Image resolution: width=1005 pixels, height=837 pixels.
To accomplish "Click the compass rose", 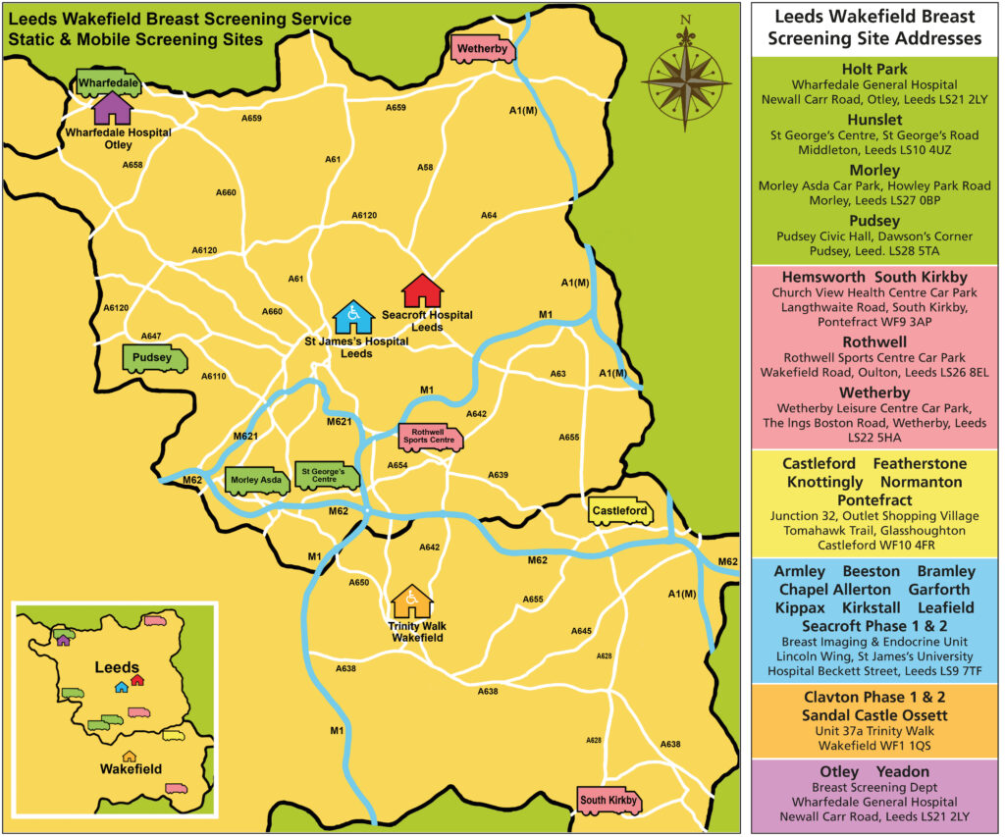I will click(685, 76).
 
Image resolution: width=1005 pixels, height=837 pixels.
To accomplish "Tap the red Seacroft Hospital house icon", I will click(423, 291).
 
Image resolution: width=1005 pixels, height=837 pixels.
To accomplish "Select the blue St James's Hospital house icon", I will click(352, 317).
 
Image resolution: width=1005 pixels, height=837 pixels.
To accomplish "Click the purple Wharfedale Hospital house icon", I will click(111, 108).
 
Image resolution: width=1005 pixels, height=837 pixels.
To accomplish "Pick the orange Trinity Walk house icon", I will click(412, 601).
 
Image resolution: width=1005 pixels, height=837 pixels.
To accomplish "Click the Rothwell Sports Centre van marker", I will click(430, 437).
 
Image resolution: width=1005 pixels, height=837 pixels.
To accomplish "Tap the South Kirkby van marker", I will click(608, 801).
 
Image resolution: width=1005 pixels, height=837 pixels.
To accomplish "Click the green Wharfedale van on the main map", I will click(109, 82).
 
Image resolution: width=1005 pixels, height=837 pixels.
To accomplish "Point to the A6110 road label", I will click(213, 376).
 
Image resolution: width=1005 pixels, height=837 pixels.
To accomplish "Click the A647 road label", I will click(151, 336).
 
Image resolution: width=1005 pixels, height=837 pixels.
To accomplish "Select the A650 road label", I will click(358, 582).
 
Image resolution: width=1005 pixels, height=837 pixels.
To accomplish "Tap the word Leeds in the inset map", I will click(117, 667).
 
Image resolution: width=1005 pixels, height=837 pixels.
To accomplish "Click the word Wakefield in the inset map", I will click(130, 769).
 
